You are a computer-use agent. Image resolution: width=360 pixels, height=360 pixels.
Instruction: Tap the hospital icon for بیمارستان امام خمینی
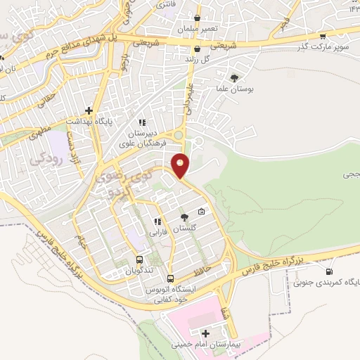[205, 333]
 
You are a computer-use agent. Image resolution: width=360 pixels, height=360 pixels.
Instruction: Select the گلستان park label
[185, 229]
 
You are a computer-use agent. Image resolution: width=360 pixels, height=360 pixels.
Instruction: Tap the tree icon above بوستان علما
[233, 77]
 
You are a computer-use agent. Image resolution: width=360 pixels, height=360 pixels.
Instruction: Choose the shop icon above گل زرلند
[197, 49]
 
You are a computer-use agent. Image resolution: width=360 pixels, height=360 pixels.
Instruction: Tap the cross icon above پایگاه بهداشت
[89, 110]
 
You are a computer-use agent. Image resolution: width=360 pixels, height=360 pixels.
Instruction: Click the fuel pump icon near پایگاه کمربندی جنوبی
[328, 271]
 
